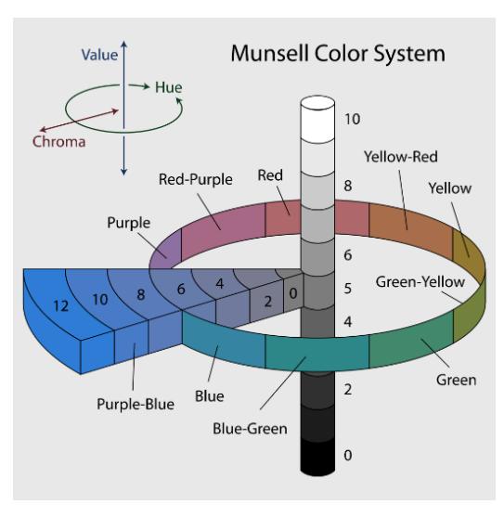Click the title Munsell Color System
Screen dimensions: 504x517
click(338, 54)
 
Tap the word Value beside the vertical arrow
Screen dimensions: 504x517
click(99, 55)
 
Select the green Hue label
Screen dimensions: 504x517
click(168, 87)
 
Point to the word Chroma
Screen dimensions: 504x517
click(59, 142)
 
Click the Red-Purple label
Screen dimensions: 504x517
click(196, 179)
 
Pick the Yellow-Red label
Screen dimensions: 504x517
click(401, 157)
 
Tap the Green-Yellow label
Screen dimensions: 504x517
click(420, 282)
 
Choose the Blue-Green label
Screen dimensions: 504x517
click(250, 429)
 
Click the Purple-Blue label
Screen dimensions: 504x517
click(136, 404)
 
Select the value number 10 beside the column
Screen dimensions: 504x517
click(352, 119)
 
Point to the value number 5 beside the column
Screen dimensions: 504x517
click(348, 289)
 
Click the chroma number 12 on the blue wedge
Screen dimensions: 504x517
click(61, 306)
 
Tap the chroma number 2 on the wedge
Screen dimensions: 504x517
click(268, 302)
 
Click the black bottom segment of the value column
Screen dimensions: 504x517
click(317, 457)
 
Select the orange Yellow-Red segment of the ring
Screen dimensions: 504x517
click(410, 231)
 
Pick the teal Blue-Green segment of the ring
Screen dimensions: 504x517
click(317, 354)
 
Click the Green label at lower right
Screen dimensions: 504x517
click(457, 380)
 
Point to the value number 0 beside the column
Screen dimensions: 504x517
click(348, 456)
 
